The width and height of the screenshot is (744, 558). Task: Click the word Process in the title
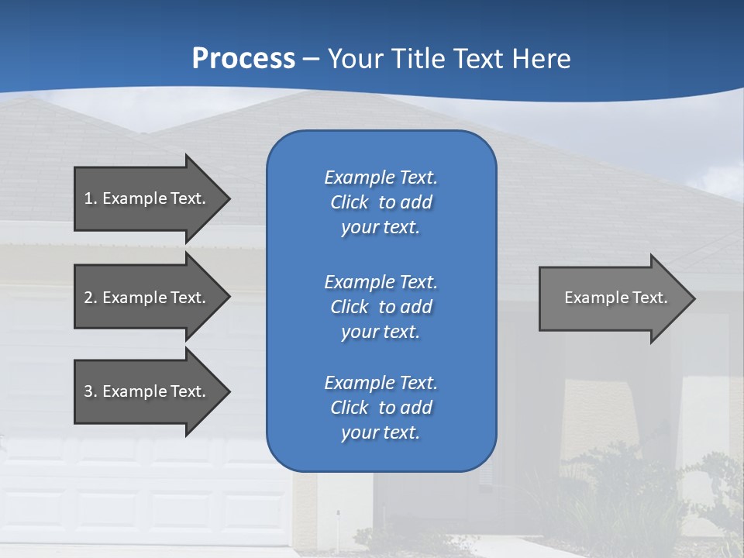point(243,59)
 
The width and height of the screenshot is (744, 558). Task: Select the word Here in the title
point(541,59)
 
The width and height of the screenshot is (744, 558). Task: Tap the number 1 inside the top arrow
point(88,198)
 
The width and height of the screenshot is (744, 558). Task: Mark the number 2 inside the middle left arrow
point(88,298)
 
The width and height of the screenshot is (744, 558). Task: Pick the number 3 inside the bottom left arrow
point(88,391)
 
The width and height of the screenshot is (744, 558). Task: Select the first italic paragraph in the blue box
point(381,202)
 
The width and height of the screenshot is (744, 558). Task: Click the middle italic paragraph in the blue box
point(381,307)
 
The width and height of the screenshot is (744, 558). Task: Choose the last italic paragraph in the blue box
point(381,408)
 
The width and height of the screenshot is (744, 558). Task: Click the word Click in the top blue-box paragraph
point(349,202)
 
